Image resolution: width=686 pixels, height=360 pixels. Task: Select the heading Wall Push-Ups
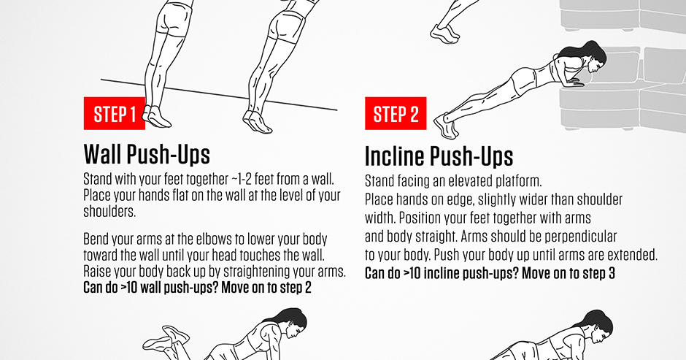147,154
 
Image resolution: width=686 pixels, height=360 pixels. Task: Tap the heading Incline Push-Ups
439,156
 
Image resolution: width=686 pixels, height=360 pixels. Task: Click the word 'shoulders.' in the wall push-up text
110,212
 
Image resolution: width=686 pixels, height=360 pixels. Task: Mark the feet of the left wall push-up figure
155,115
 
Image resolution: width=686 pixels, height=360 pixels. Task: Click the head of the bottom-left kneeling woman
292,323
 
